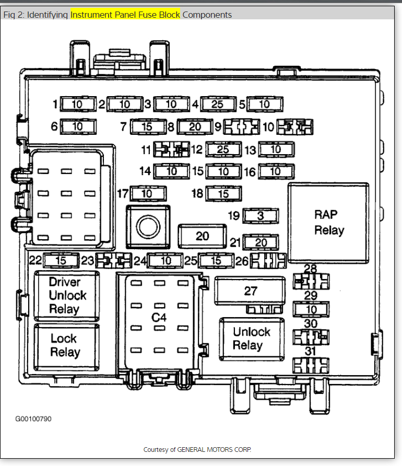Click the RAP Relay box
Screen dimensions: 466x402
(329, 222)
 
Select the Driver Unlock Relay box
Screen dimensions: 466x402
(65, 295)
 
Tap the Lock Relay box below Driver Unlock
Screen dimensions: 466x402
(65, 345)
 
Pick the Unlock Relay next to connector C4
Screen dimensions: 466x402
(251, 339)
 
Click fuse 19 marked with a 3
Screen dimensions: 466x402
(261, 215)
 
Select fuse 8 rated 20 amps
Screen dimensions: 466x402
(195, 126)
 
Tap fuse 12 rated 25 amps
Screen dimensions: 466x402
(223, 150)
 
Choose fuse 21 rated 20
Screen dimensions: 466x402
(261, 242)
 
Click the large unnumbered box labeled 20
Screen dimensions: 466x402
(203, 236)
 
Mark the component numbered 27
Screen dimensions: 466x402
(251, 291)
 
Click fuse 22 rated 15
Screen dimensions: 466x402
(60, 260)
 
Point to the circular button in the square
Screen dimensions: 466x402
(148, 226)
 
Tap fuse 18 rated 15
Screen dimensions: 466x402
(223, 194)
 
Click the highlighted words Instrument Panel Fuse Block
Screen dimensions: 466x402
(125, 15)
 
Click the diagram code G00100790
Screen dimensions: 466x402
(33, 418)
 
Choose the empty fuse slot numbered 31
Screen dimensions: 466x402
(311, 364)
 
